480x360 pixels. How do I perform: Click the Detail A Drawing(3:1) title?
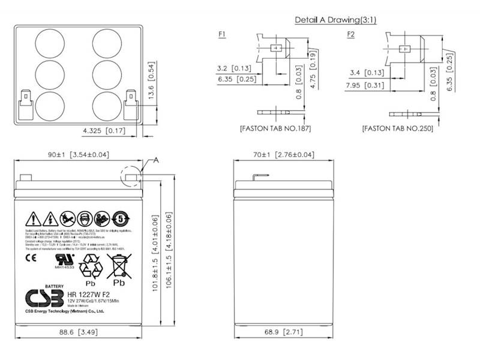(x=335, y=20)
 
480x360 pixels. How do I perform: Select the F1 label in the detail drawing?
(x=222, y=34)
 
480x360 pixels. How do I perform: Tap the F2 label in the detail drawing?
(x=351, y=34)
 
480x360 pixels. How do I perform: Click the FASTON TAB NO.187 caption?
(x=275, y=128)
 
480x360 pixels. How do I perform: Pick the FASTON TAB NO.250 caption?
(x=397, y=128)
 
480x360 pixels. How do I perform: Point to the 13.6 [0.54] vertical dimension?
(x=152, y=84)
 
